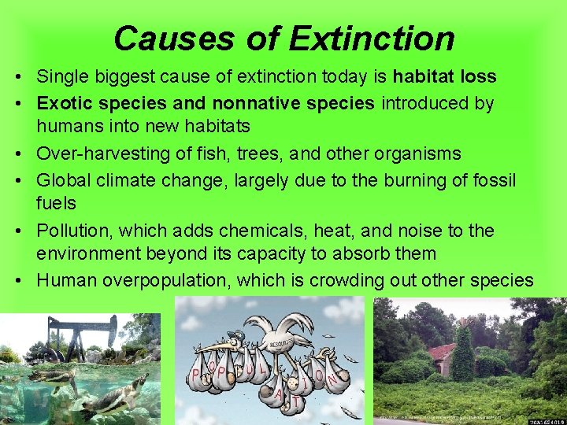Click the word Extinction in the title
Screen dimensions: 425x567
[372, 38]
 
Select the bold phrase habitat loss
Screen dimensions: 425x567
[445, 76]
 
